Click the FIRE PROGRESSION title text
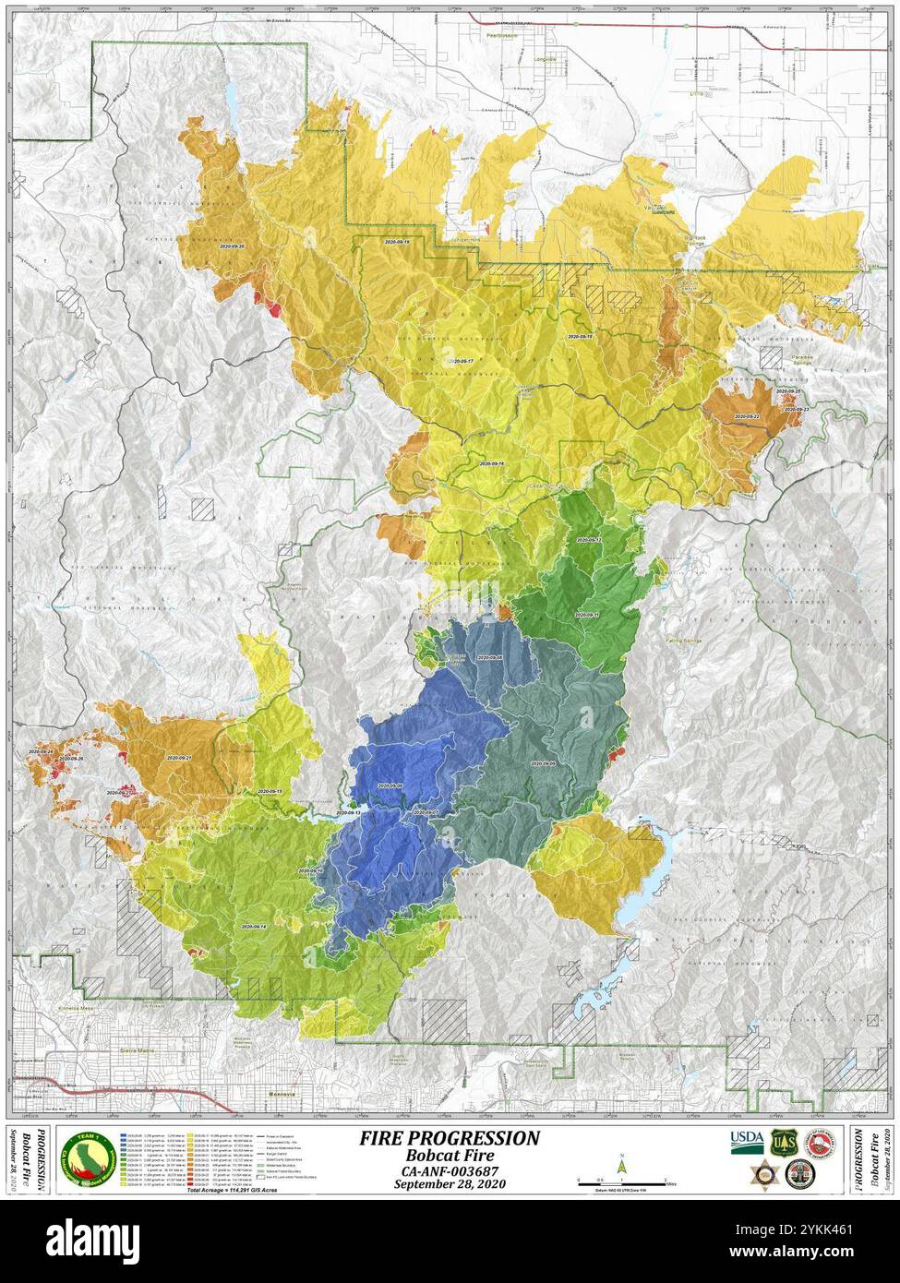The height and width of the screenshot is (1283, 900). [450, 1137]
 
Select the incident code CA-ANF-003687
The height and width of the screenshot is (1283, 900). [450, 1170]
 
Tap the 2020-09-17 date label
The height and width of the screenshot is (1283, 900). [460, 361]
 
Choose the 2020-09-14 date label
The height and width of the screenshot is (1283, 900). [254, 926]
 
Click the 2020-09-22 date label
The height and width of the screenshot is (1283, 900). [747, 416]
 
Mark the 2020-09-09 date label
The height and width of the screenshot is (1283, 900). [543, 764]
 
